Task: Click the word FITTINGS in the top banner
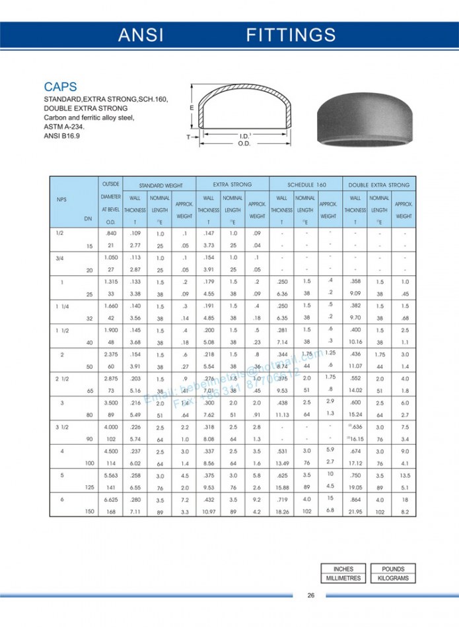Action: coord(291,36)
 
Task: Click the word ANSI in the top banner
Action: coord(141,36)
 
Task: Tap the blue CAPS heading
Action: coord(60,86)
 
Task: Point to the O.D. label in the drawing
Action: coord(244,143)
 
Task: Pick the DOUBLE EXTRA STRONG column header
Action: coord(379,185)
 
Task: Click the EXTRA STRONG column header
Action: coord(232,185)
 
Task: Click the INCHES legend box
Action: coord(343,569)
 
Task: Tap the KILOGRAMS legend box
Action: coord(393,578)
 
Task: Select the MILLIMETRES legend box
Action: coord(343,578)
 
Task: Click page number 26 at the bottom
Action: coord(310,595)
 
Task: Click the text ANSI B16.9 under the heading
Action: coord(61,137)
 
